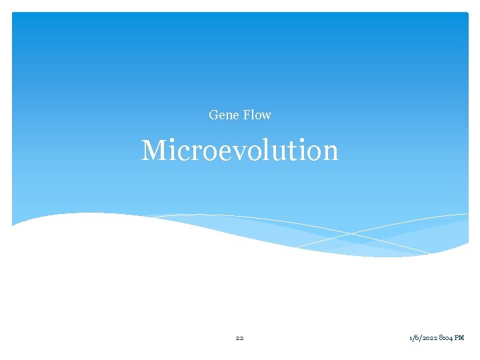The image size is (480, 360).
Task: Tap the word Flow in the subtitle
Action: [257, 115]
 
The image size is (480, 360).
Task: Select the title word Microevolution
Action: [240, 151]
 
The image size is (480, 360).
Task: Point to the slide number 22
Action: [239, 338]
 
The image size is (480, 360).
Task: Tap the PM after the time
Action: [460, 338]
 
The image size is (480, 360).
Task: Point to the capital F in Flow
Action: [246, 115]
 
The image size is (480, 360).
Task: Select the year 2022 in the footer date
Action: [431, 338]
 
